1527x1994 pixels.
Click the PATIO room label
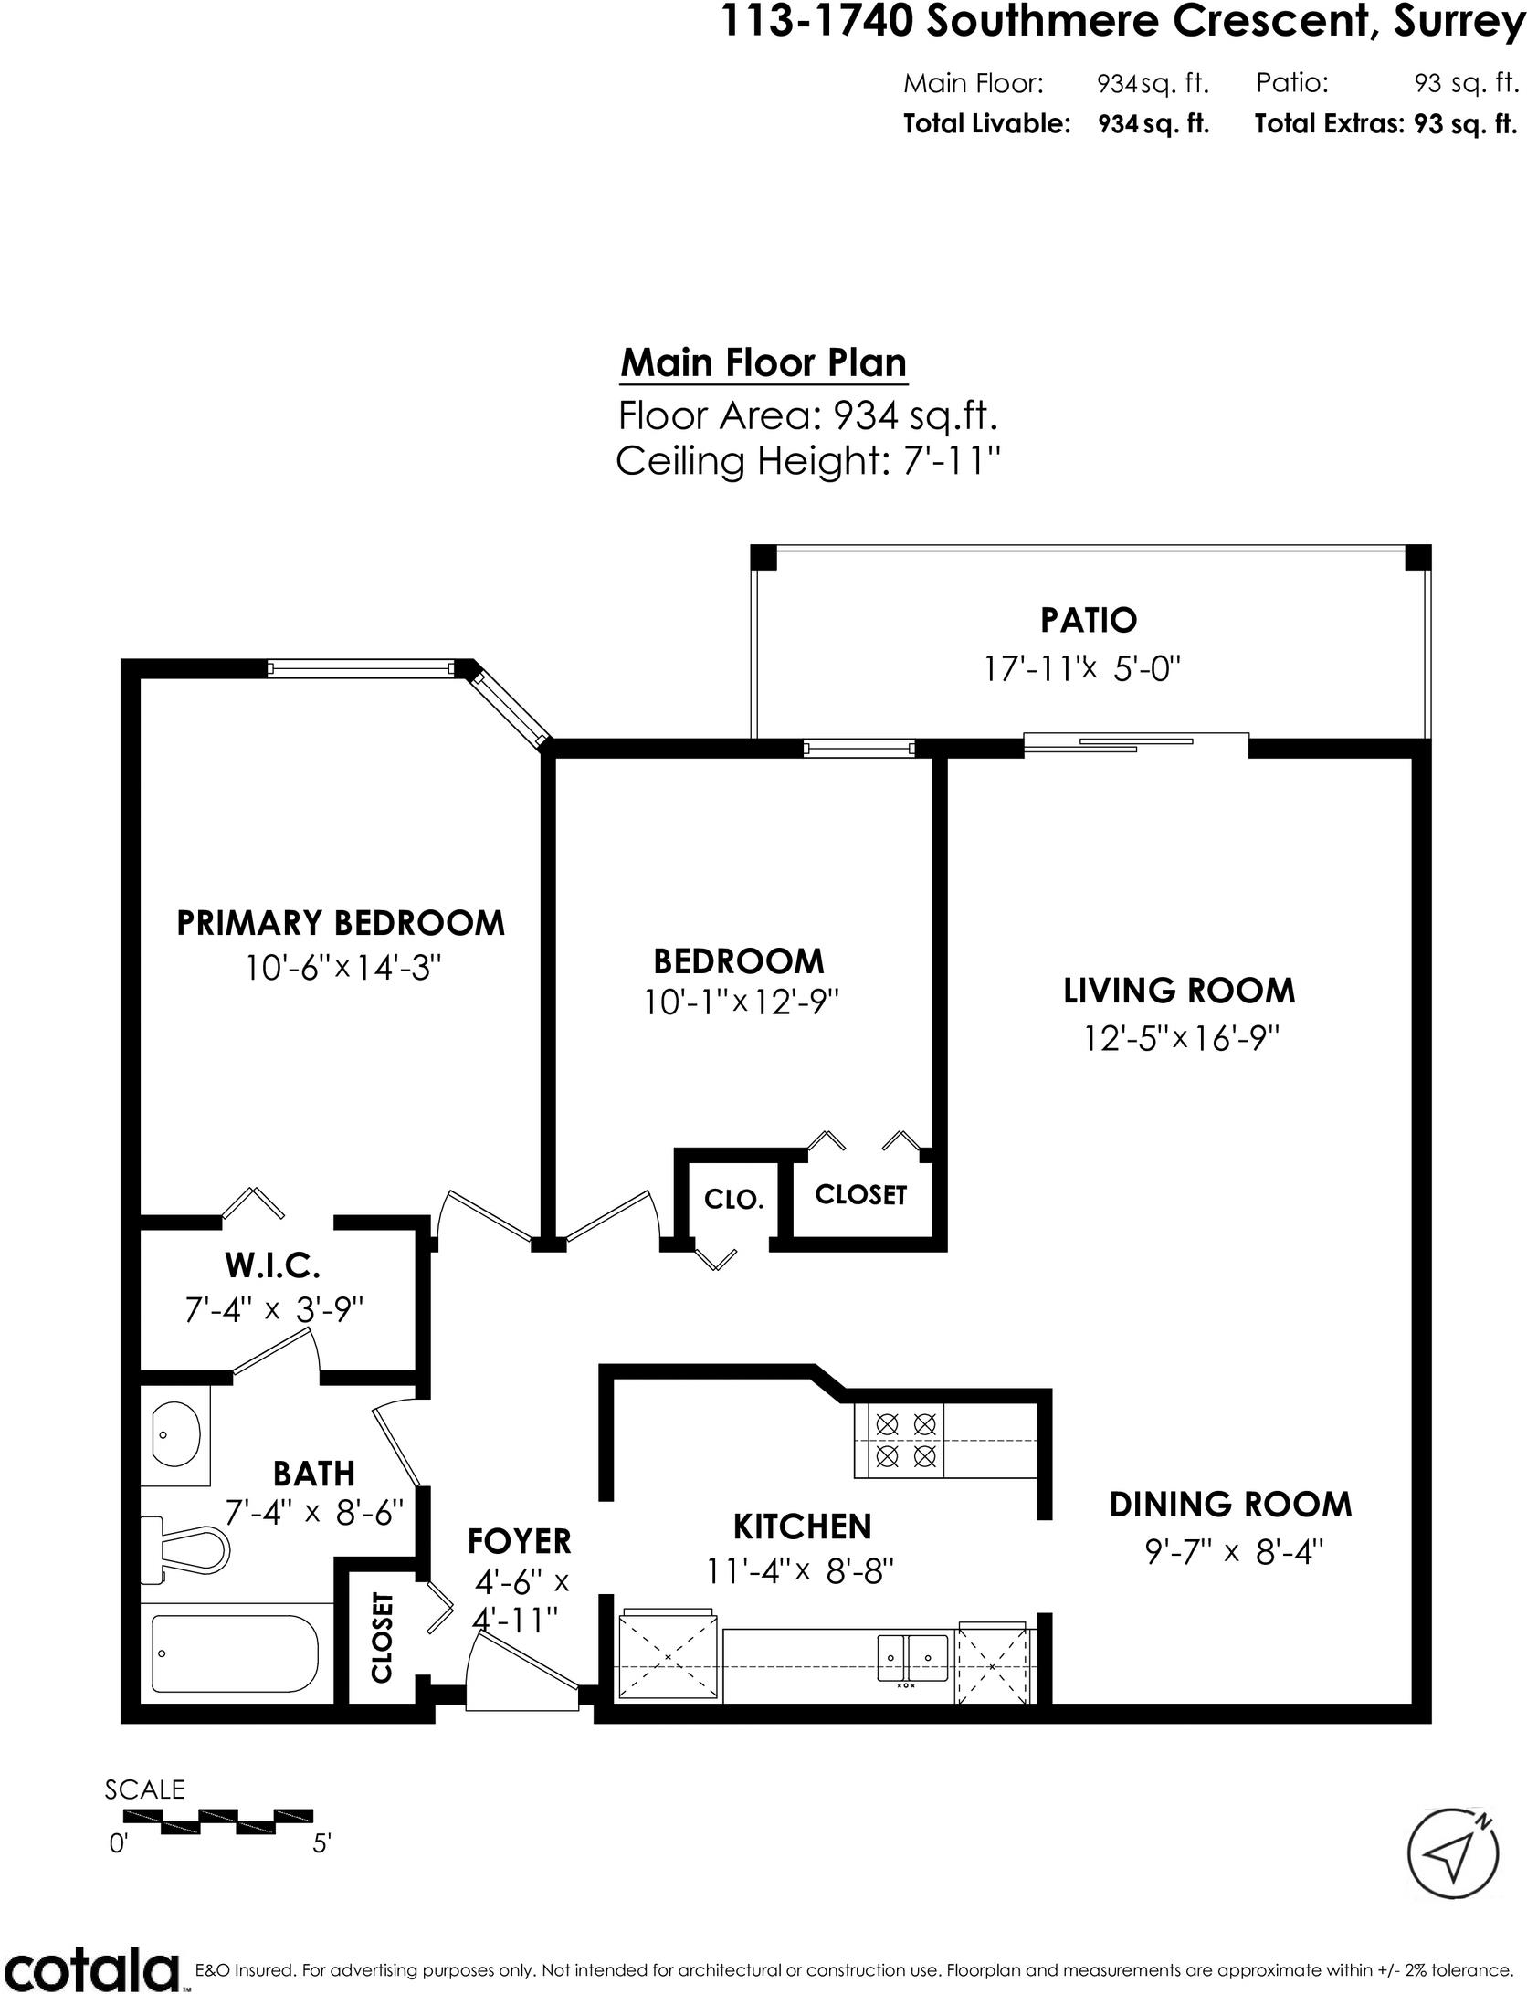pos(1089,621)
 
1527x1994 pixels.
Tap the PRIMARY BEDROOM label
pos(341,923)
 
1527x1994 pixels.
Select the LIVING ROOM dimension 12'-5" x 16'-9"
pos(1181,1038)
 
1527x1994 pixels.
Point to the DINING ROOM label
pos(1230,1505)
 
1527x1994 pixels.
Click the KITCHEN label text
pos(803,1527)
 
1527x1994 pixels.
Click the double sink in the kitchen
pos(912,1658)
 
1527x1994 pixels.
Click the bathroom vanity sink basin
pos(175,1434)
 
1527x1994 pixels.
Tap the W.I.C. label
pos(272,1266)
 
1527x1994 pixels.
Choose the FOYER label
pos(519,1541)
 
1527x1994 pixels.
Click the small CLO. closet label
pos(733,1199)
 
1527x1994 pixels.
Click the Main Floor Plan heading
pos(763,363)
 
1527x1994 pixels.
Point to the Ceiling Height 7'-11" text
pos(808,461)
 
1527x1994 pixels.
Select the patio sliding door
pos(1135,745)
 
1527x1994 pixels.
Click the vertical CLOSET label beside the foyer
pos(381,1637)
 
